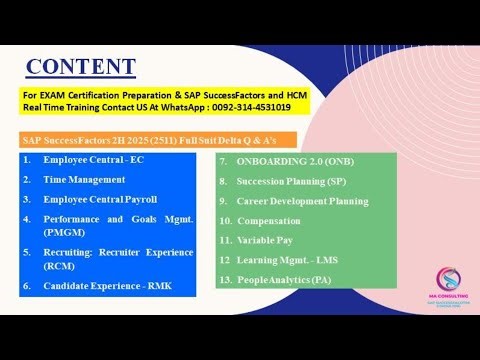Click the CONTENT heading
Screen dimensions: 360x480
pyautogui.click(x=80, y=67)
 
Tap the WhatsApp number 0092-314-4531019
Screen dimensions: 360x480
pyautogui.click(x=245, y=107)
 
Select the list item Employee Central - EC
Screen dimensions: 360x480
pyautogui.click(x=91, y=160)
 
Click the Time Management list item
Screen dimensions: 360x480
pyautogui.click(x=84, y=179)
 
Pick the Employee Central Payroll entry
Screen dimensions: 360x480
pyautogui.click(x=99, y=199)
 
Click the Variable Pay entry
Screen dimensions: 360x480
pyautogui.click(x=268, y=240)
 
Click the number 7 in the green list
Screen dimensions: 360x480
pyautogui.click(x=223, y=161)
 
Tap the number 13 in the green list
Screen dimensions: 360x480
pyautogui.click(x=226, y=280)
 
